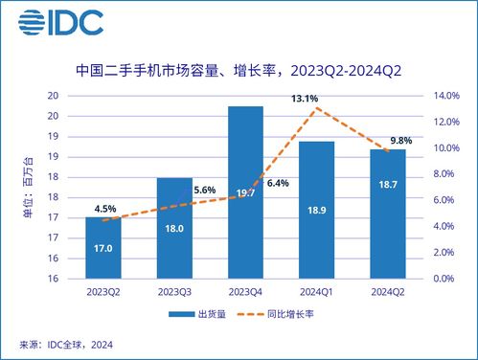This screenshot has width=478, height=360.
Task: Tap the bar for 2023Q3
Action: pos(173,228)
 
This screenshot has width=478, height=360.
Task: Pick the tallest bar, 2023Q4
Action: pos(245,191)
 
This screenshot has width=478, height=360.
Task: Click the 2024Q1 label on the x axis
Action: pos(315,290)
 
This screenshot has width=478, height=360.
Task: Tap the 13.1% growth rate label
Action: pos(306,97)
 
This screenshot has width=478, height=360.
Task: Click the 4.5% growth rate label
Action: pos(105,210)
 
